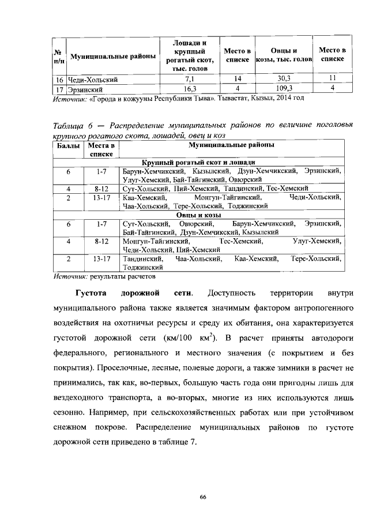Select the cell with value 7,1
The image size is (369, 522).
coord(189,79)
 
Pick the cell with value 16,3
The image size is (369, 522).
coord(189,88)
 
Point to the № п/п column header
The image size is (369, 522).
coord(58,56)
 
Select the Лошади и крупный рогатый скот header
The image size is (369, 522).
coord(189,56)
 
